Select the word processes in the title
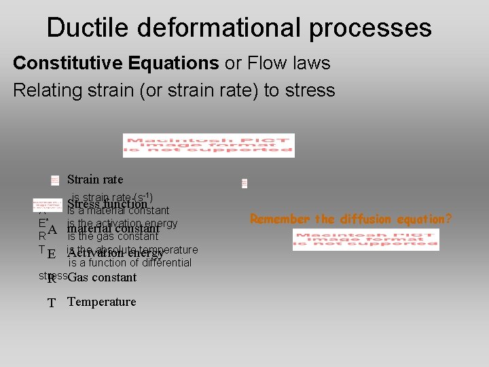tap(369, 28)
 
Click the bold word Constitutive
tap(62, 63)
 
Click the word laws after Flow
tap(309, 63)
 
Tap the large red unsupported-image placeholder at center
tap(209, 145)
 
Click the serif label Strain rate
tap(95, 179)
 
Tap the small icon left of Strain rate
tap(54, 180)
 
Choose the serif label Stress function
tap(107, 203)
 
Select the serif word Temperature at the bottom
tap(102, 302)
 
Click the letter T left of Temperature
tap(52, 303)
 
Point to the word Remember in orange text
tap(279, 219)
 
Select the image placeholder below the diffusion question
tap(365, 239)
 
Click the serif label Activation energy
tap(115, 254)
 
